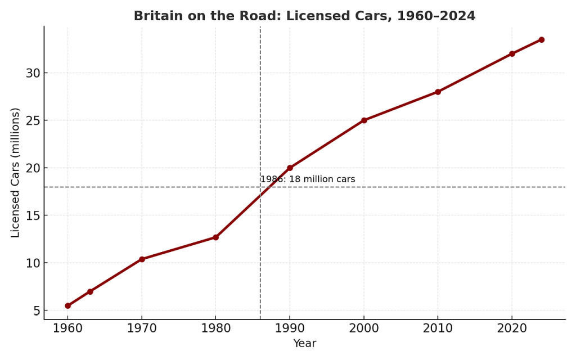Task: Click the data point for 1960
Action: tap(67, 306)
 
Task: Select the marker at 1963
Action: tap(90, 291)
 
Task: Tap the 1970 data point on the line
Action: tap(142, 259)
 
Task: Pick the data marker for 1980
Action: tap(215, 237)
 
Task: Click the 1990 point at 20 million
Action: tap(290, 168)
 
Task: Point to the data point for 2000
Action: tap(364, 120)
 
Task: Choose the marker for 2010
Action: tap(438, 92)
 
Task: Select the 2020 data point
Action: tap(512, 54)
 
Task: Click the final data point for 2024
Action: tap(541, 40)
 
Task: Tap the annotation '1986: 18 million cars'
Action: tap(308, 179)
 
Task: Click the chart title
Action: tap(304, 16)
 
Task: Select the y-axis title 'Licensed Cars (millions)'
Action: tap(16, 172)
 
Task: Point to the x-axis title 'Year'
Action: tap(304, 344)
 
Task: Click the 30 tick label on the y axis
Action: tap(33, 73)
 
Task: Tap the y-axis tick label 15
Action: tap(33, 216)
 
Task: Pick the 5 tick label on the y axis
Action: tap(37, 311)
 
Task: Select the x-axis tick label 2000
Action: tap(364, 328)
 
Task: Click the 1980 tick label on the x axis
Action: tap(215, 328)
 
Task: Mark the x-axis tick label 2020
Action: tap(512, 328)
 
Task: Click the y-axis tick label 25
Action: tap(33, 121)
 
